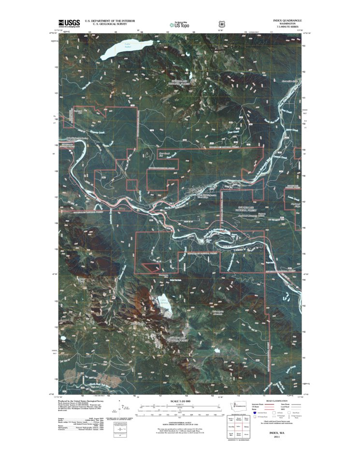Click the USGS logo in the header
[69, 23]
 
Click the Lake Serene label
[164, 302]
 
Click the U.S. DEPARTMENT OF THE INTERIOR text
[110, 21]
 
